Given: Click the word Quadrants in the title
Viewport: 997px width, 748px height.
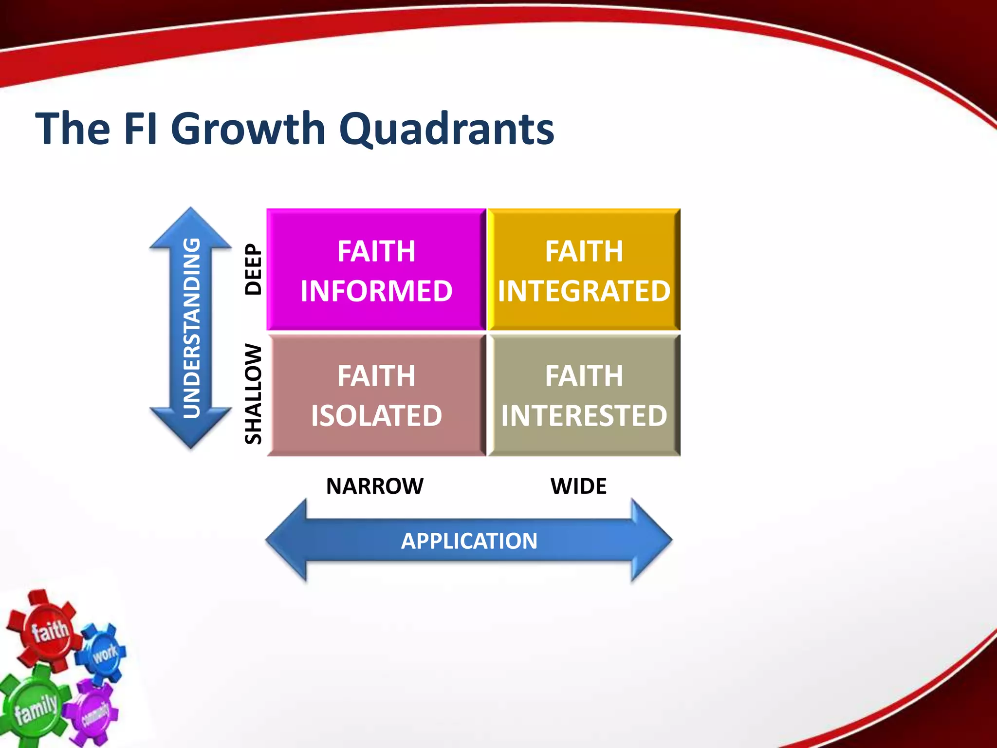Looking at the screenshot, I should pyautogui.click(x=446, y=129).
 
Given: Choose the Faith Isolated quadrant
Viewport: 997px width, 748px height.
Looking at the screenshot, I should pyautogui.click(x=376, y=395).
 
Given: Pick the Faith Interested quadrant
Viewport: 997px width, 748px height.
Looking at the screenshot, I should pyautogui.click(x=584, y=395).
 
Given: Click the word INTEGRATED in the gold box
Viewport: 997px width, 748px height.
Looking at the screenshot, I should pyautogui.click(x=584, y=291).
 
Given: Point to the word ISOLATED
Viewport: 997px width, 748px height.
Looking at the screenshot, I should pyautogui.click(x=376, y=415).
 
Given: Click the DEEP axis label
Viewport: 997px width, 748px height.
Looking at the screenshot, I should pyautogui.click(x=253, y=269).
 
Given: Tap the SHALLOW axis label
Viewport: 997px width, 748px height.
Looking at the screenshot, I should pyautogui.click(x=253, y=394).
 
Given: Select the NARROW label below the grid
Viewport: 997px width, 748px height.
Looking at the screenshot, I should pyautogui.click(x=374, y=486).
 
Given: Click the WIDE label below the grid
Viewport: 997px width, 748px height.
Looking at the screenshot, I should pyautogui.click(x=578, y=486).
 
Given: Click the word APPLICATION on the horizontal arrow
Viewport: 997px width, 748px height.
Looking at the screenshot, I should pyautogui.click(x=469, y=541).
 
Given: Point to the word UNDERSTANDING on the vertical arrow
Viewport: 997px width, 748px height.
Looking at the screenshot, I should pyautogui.click(x=191, y=328).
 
